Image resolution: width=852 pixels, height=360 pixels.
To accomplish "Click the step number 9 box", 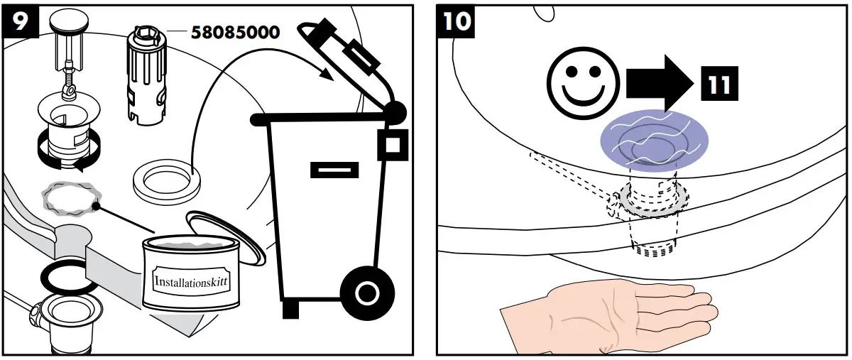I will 19,21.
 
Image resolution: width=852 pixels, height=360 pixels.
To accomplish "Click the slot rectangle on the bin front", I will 334,170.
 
